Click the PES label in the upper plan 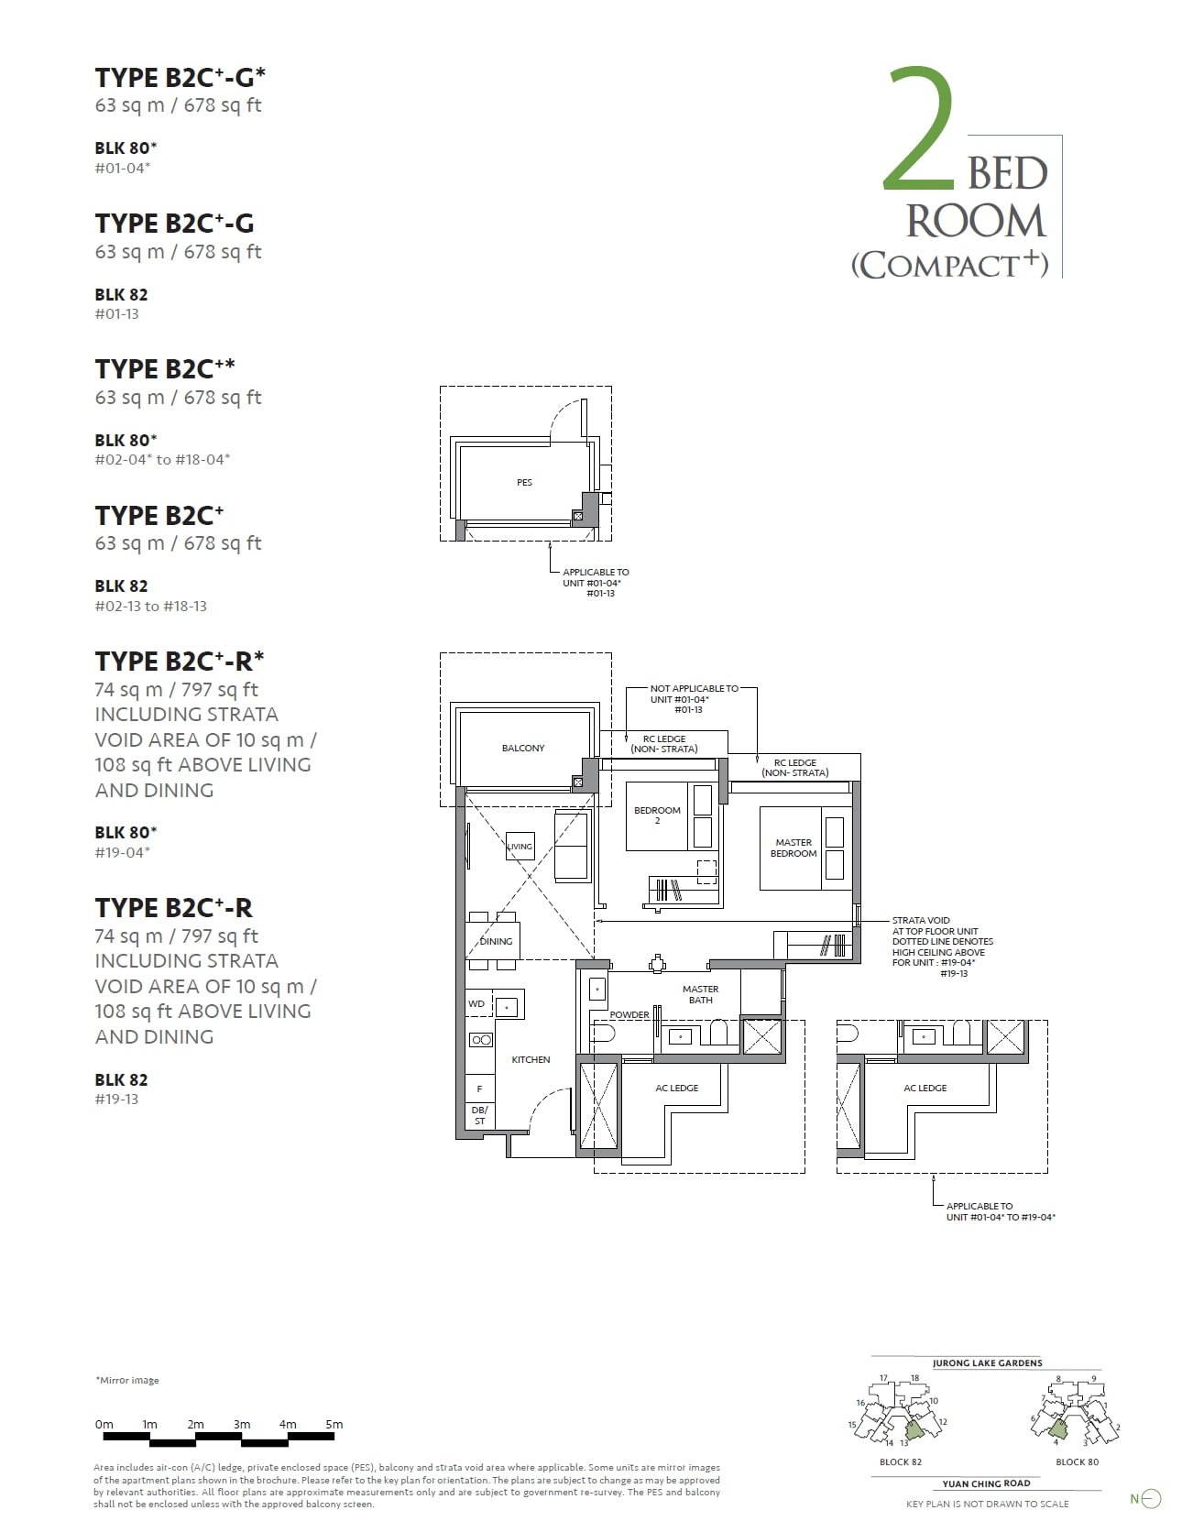point(524,482)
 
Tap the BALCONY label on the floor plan point(523,748)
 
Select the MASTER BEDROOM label point(793,848)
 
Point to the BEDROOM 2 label point(657,815)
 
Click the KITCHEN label point(531,1059)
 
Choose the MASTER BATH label point(700,994)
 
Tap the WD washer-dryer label point(476,1003)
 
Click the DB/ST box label point(479,1115)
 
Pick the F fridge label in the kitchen point(479,1089)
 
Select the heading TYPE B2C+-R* point(180,661)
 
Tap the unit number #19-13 point(116,1100)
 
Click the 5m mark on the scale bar point(334,1424)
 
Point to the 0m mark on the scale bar point(104,1424)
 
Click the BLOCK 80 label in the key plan point(1077,1461)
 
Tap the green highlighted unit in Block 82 point(914,1429)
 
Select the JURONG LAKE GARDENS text point(987,1362)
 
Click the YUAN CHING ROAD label point(986,1483)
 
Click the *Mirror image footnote point(127,1380)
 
